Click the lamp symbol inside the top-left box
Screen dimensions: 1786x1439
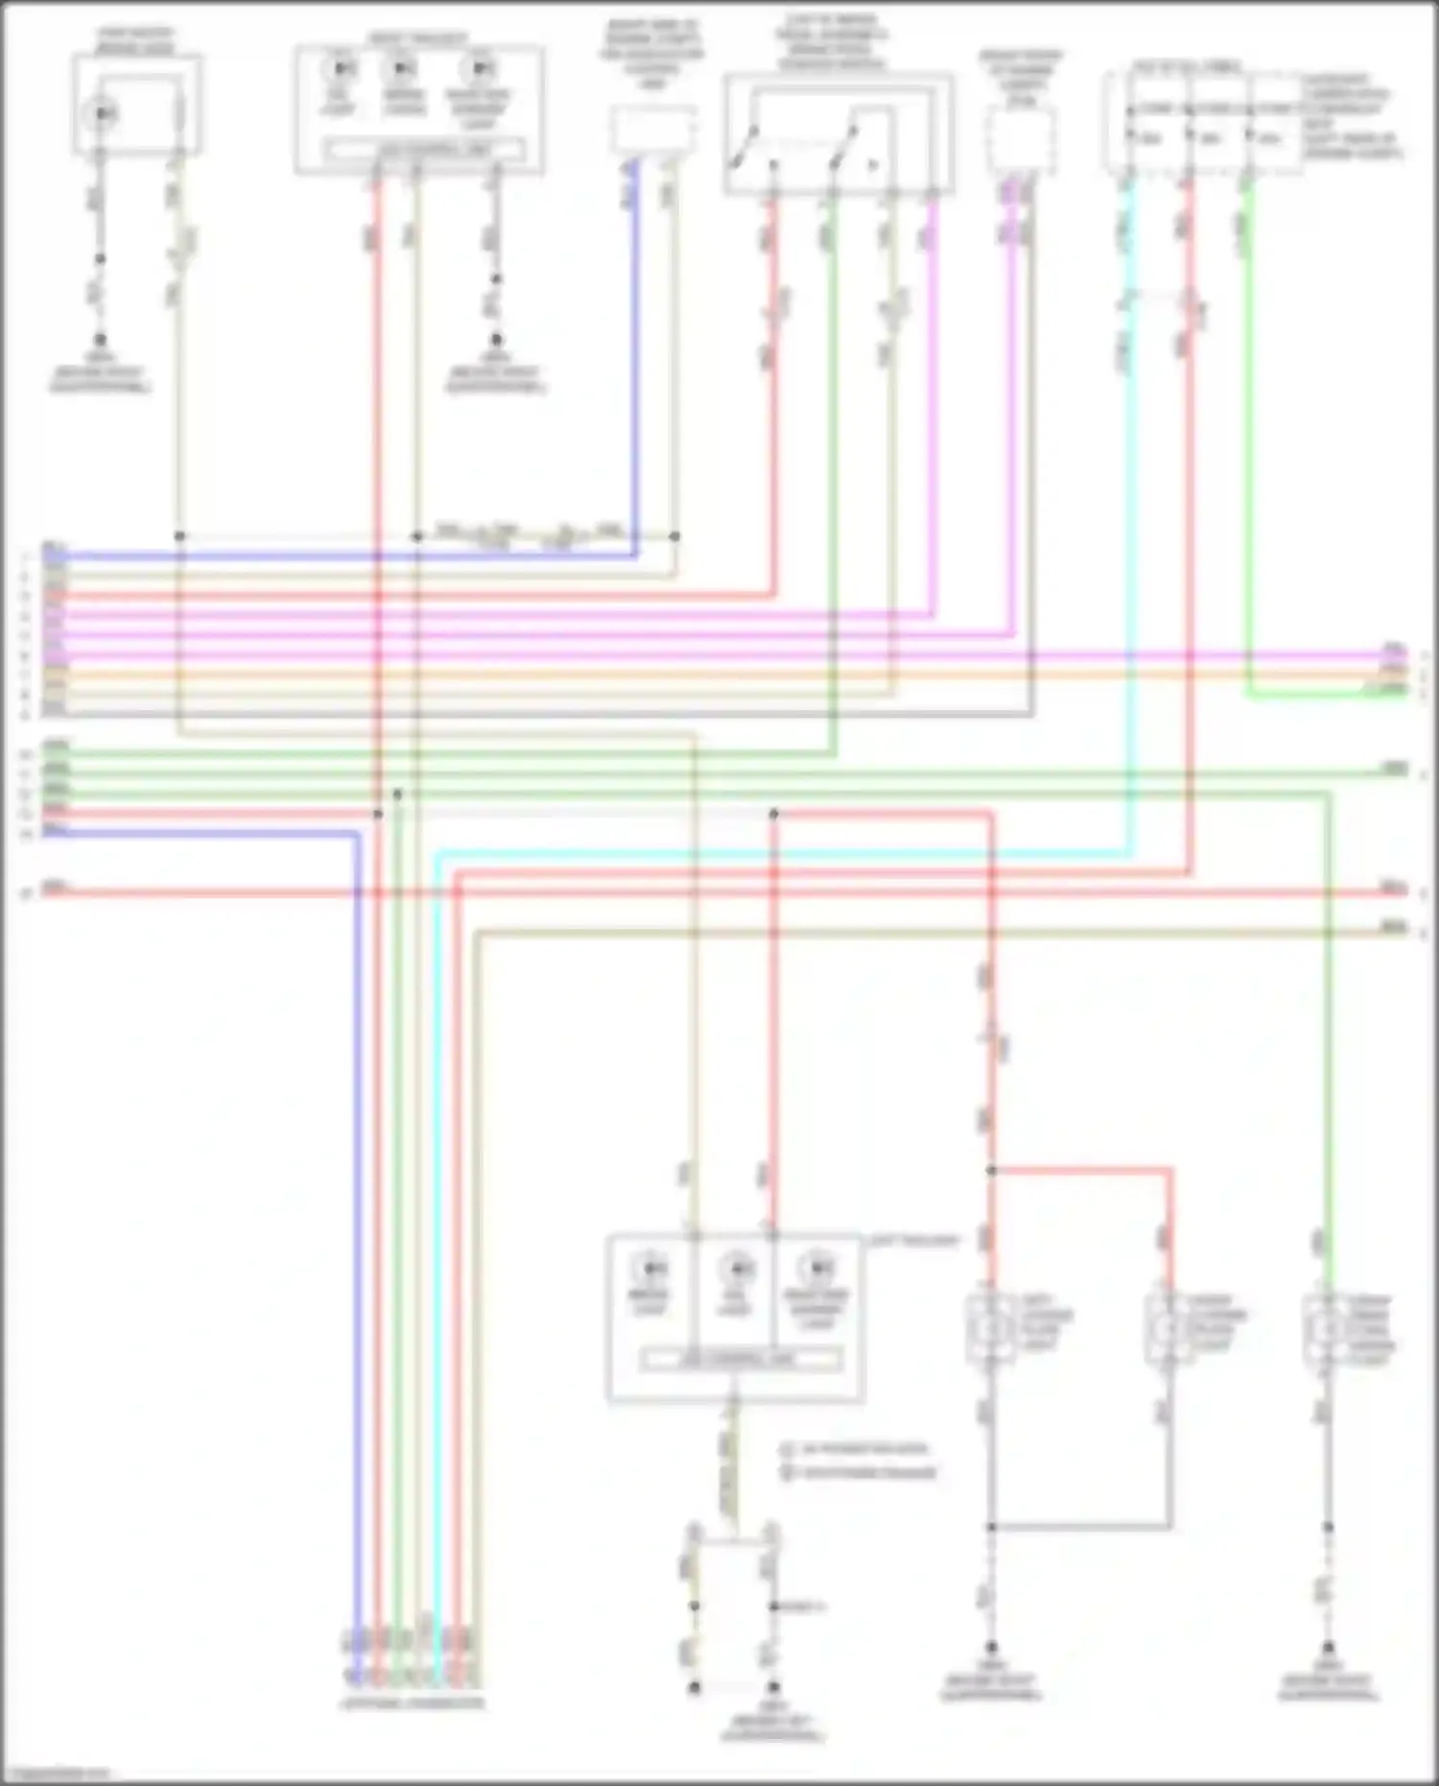pyautogui.click(x=102, y=114)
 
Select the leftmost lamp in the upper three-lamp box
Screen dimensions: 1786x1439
pyautogui.click(x=340, y=69)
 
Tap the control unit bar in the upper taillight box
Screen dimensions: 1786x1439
pyautogui.click(x=423, y=151)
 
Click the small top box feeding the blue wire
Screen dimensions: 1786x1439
pyautogui.click(x=653, y=131)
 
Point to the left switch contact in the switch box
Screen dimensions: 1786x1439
pyautogui.click(x=746, y=146)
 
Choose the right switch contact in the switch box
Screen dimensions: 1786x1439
pyautogui.click(x=844, y=146)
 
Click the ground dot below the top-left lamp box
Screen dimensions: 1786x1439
pyautogui.click(x=100, y=340)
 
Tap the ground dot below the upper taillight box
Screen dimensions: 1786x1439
pyautogui.click(x=496, y=340)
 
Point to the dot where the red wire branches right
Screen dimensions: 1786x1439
pyautogui.click(x=991, y=1170)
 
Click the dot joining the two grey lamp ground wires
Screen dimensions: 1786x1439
pyautogui.click(x=991, y=1526)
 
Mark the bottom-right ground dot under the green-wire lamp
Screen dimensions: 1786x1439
pyautogui.click(x=1328, y=1646)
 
